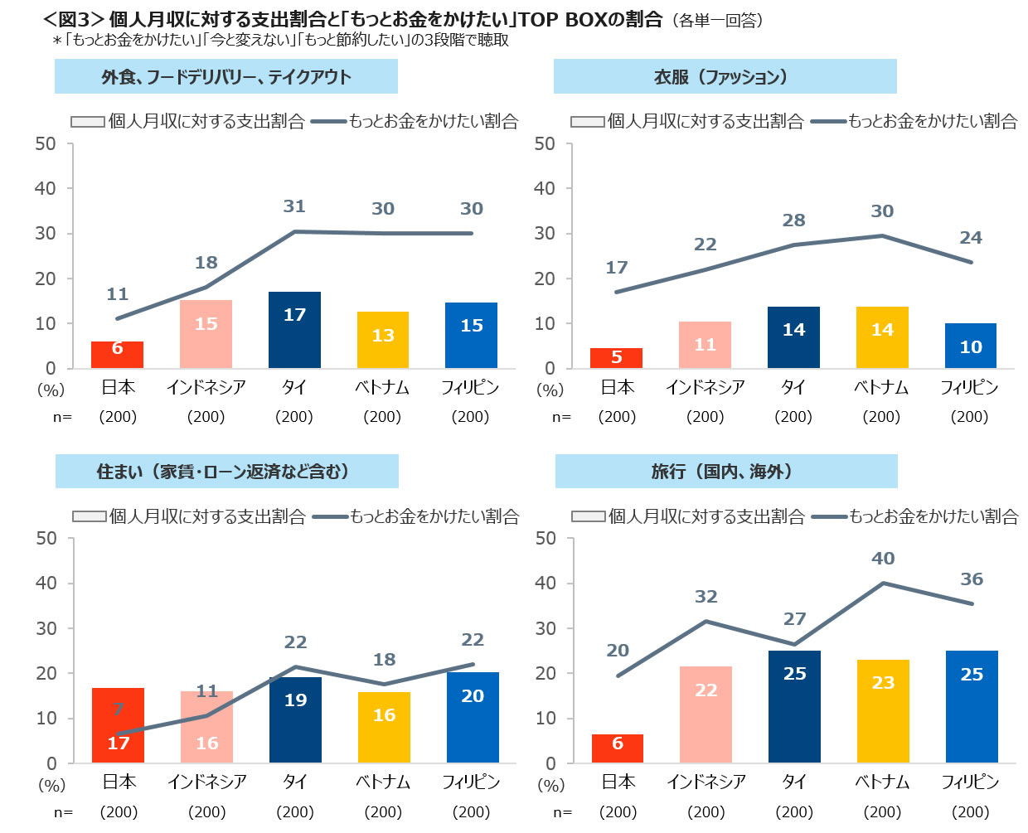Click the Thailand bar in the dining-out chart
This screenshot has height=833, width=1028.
click(294, 330)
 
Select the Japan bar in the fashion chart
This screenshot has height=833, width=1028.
click(616, 358)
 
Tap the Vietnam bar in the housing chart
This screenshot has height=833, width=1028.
click(384, 727)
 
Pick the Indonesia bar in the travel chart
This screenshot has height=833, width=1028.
click(706, 714)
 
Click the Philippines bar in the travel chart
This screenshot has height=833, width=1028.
click(972, 706)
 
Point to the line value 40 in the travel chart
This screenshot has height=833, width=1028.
click(883, 559)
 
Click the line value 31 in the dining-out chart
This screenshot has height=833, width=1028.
click(294, 206)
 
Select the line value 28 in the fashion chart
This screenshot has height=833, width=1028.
click(793, 220)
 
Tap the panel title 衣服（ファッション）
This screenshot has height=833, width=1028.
click(725, 77)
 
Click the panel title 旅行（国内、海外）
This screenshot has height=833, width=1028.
click(725, 472)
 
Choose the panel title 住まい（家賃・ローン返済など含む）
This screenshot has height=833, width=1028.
click(226, 472)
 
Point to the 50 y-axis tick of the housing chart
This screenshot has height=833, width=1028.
click(46, 539)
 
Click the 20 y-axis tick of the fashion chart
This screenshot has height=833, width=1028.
click(545, 278)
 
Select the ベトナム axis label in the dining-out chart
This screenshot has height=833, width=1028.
click(382, 387)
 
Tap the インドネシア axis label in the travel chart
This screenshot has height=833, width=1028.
click(706, 782)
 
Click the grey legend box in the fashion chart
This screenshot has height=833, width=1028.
click(587, 122)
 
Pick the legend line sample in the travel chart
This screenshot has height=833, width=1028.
click(829, 516)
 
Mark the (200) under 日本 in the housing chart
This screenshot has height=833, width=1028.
click(119, 811)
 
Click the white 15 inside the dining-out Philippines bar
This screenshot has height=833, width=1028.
click(472, 326)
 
